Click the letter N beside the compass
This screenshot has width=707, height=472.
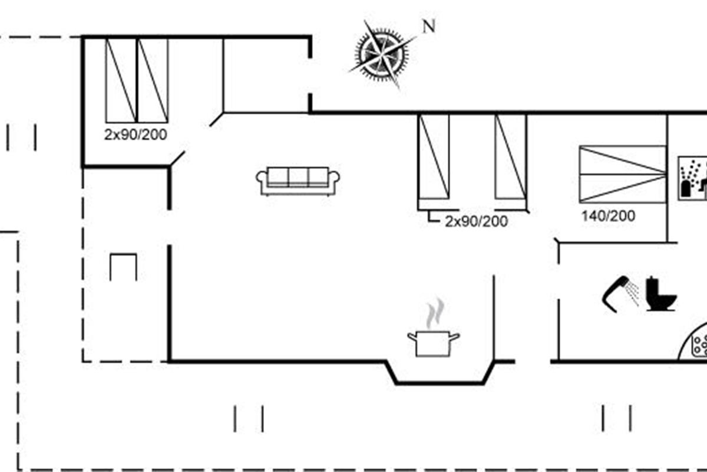430,26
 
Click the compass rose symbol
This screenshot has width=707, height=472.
382,54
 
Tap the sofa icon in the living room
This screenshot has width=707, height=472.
298,181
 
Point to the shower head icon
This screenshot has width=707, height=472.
620,294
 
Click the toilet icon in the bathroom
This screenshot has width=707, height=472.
661,294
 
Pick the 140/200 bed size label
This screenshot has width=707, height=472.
608,217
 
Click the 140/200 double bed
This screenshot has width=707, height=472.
622,174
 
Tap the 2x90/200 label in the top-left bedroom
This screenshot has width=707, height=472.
136,135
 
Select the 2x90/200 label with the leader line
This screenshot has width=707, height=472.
476,221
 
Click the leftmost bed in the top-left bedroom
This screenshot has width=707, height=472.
121,80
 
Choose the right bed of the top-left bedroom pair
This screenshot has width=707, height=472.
153,80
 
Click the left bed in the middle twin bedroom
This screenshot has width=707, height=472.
434,157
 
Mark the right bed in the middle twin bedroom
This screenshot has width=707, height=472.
511,157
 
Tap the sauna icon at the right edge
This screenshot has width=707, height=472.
692,178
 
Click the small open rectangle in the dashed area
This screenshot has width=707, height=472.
123,254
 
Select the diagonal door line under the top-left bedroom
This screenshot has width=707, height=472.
177,158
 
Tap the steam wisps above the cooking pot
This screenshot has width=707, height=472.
435,313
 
